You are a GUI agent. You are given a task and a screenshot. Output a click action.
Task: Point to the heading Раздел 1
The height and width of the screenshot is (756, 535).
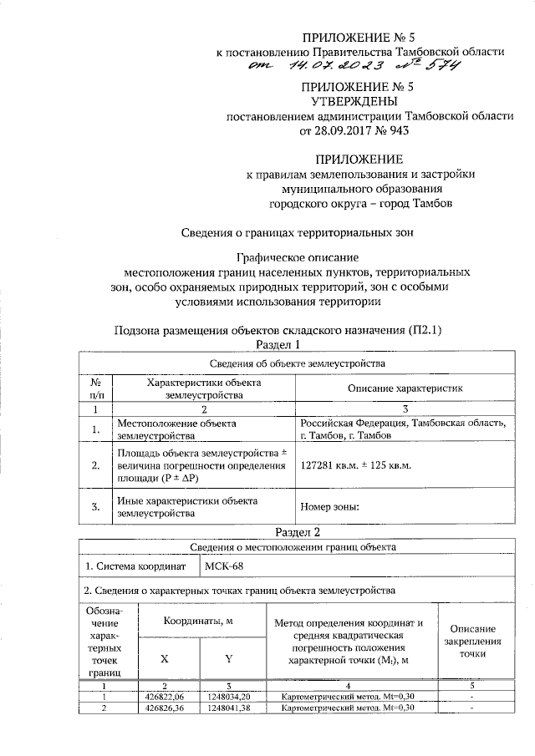[275, 344]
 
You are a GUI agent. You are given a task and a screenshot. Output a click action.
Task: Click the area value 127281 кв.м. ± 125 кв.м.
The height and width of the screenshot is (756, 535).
[364, 466]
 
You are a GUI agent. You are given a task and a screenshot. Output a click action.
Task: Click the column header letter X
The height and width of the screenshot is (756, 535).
[165, 659]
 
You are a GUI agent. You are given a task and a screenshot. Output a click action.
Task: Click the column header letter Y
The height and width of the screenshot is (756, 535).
[228, 659]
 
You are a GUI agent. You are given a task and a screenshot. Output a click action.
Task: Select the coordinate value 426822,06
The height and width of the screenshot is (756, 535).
[165, 696]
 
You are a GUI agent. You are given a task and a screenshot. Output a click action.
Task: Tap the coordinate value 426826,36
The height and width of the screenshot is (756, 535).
[165, 708]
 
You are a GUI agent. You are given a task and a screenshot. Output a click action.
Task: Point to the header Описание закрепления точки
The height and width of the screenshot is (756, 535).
[472, 642]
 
